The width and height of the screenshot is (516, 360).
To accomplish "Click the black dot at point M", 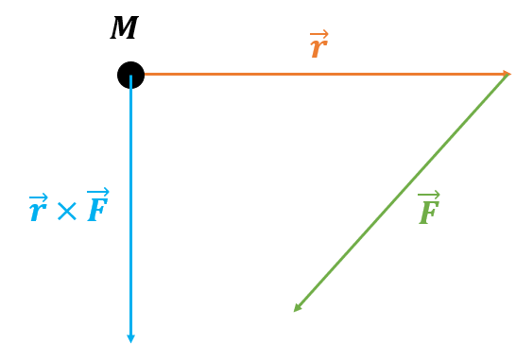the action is [x=130, y=75].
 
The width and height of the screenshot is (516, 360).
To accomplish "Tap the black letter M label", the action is [x=124, y=27].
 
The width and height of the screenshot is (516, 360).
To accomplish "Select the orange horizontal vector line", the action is [x=327, y=74].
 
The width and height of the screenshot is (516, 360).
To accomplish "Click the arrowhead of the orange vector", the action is [x=507, y=74].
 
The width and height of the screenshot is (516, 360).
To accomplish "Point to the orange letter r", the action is [x=318, y=48].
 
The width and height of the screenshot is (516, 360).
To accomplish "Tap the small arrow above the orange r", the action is [x=319, y=34].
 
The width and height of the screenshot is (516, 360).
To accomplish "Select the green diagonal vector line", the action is [x=401, y=193].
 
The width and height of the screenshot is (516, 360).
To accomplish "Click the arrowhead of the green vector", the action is [x=297, y=308].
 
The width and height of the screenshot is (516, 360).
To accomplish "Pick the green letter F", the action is [x=429, y=213].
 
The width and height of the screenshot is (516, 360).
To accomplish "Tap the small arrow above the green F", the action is [x=429, y=195].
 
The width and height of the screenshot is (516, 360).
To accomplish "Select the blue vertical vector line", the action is [x=130, y=209].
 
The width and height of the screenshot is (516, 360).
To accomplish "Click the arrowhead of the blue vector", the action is [x=130, y=339].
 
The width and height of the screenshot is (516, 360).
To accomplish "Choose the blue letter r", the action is [x=38, y=212].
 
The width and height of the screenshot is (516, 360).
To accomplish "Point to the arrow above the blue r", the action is [x=39, y=197].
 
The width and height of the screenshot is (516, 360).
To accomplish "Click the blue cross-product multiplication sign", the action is [x=67, y=211].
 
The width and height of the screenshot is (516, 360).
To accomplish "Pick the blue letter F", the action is [x=97, y=210].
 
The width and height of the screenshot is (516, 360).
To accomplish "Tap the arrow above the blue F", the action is [x=97, y=192].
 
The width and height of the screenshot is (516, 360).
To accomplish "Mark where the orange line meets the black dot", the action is [x=145, y=74].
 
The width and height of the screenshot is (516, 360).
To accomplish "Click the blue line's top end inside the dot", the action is [x=130, y=76].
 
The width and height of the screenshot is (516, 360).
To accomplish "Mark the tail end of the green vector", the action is [x=507, y=75].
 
